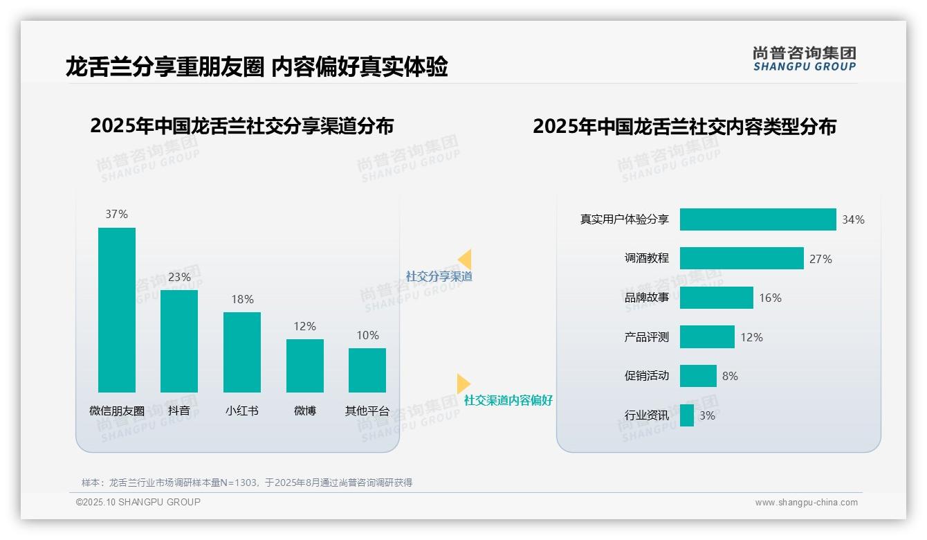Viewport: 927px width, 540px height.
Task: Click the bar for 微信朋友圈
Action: pyautogui.click(x=117, y=309)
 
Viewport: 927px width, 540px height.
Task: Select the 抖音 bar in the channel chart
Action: pyautogui.click(x=179, y=341)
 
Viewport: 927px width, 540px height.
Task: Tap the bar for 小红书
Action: pyautogui.click(x=242, y=352)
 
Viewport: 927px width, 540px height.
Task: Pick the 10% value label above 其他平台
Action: pyautogui.click(x=367, y=336)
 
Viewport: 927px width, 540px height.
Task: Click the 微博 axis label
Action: pyautogui.click(x=305, y=411)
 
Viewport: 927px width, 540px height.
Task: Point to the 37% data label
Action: pyautogui.click(x=117, y=215)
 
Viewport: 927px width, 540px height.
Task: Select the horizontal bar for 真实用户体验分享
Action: pyautogui.click(x=758, y=219)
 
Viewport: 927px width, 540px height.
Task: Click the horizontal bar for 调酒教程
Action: pyautogui.click(x=742, y=258)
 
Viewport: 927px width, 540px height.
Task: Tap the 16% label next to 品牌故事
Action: pyautogui.click(x=770, y=298)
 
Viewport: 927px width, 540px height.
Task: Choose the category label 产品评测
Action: pyautogui.click(x=646, y=337)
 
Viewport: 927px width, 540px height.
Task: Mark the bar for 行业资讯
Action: pyautogui.click(x=687, y=415)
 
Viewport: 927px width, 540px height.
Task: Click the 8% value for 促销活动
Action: pyautogui.click(x=730, y=376)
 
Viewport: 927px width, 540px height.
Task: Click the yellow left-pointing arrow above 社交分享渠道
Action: pyautogui.click(x=465, y=260)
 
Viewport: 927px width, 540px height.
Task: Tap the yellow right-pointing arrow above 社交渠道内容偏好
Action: pyautogui.click(x=463, y=384)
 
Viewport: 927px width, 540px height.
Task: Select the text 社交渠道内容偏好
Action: pyautogui.click(x=508, y=400)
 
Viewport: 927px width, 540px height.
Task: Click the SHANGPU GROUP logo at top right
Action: pyautogui.click(x=804, y=59)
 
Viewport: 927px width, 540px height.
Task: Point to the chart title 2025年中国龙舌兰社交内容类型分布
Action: pyautogui.click(x=684, y=127)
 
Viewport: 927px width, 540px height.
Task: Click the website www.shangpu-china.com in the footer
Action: pyautogui.click(x=806, y=503)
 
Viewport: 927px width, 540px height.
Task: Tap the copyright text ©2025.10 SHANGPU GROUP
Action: pyautogui.click(x=138, y=502)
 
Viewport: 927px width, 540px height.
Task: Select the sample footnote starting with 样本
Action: pyautogui.click(x=247, y=483)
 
